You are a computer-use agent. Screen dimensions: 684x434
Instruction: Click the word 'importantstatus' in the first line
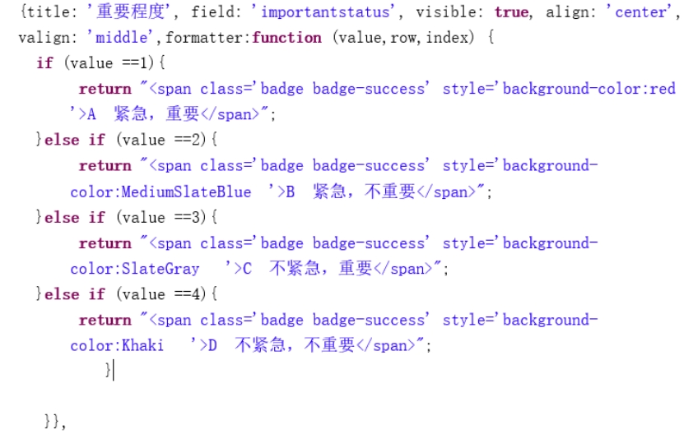(x=325, y=12)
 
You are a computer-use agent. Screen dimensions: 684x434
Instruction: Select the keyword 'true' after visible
(x=512, y=12)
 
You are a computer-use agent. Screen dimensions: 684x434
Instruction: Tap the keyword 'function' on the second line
(x=287, y=38)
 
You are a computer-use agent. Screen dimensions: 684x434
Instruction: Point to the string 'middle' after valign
(x=123, y=38)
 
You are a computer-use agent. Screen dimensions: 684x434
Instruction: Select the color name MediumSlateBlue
(x=186, y=192)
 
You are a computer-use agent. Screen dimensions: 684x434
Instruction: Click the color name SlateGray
(x=160, y=269)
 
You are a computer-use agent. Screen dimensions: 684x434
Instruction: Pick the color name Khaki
(x=142, y=345)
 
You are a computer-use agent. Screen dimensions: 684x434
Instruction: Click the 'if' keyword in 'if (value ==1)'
(x=44, y=63)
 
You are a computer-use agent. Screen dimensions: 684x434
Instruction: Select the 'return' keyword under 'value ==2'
(x=105, y=166)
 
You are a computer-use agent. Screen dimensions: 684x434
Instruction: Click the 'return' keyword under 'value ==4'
(x=105, y=320)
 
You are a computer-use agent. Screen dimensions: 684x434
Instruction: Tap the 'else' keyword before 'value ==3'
(x=62, y=218)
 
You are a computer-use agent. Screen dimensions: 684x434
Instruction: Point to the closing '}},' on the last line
(x=54, y=422)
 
